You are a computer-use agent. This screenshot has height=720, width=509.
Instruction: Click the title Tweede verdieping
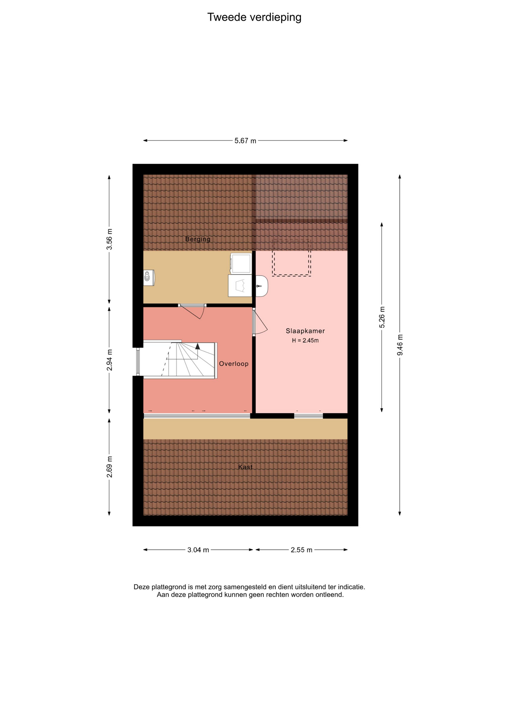(254, 17)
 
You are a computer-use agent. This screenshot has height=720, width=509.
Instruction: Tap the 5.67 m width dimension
(246, 141)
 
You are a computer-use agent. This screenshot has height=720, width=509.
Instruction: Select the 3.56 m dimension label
(109, 239)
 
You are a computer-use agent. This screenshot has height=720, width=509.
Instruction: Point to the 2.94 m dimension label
(109, 360)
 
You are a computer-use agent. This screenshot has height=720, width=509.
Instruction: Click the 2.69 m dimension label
(109, 467)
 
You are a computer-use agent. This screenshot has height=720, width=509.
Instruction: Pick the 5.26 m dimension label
(382, 317)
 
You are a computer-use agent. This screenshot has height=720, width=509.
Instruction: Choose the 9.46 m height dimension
(400, 345)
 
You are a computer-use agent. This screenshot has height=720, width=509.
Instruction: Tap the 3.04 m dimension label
(198, 550)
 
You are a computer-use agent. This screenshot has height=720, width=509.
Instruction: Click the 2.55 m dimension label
(301, 550)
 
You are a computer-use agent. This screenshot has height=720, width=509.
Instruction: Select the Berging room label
(198, 239)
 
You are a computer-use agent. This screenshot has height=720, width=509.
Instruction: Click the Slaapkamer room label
(305, 331)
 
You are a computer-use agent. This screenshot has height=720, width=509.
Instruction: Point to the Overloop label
(234, 364)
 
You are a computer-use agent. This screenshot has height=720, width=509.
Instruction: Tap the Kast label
(246, 467)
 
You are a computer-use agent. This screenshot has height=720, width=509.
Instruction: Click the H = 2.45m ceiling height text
(305, 340)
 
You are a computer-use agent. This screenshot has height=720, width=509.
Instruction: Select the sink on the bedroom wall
(262, 286)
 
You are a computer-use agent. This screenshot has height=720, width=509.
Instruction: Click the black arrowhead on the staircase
(198, 346)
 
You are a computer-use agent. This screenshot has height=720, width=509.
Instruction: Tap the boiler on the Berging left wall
(149, 278)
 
